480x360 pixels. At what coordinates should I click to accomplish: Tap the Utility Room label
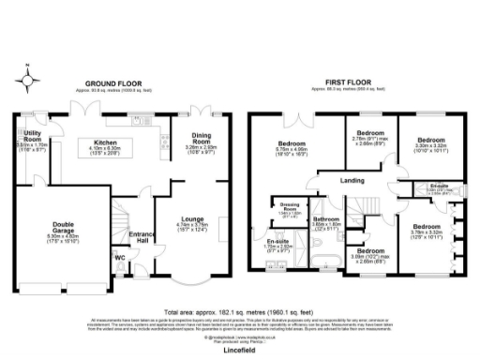click(x=30, y=136)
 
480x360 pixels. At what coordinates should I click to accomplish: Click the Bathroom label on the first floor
click(x=325, y=219)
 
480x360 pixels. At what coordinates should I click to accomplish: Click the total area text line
click(x=238, y=309)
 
